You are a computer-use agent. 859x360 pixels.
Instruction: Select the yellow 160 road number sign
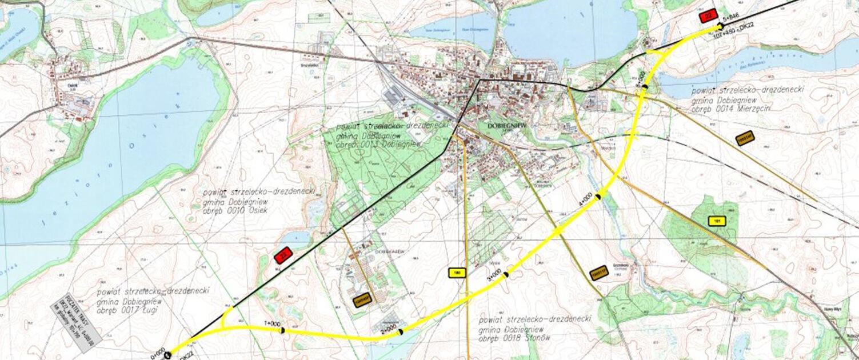click(x=457, y=273)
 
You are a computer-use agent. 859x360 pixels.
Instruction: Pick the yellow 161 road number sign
click(x=716, y=221)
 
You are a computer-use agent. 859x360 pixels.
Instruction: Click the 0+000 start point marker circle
click(x=167, y=355)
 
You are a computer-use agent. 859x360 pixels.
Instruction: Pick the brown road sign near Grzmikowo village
click(x=598, y=273)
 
